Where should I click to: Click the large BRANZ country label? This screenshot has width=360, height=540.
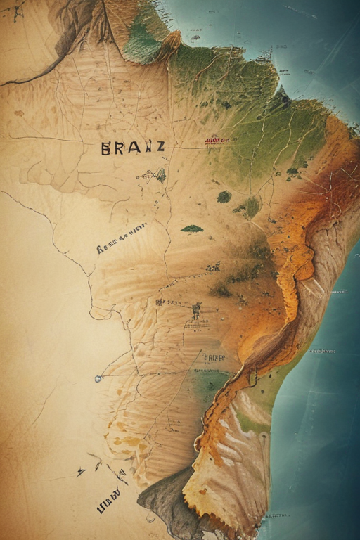pos(133,148)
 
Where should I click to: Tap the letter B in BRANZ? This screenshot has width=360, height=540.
pos(106,148)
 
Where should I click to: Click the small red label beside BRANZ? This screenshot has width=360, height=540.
pos(217,141)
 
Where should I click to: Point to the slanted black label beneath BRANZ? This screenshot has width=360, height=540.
pos(121,238)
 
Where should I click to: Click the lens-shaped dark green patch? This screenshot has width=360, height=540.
pos(192,229)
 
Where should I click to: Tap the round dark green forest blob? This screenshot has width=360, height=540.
pos(224,197)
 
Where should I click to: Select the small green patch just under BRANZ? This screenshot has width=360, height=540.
pos(161,175)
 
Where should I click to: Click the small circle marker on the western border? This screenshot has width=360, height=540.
pos(98,378)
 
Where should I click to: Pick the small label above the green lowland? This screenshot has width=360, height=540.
pos(214,357)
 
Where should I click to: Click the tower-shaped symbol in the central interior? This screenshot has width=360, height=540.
pos(196,310)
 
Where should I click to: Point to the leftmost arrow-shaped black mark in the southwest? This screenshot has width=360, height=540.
pos(81,472)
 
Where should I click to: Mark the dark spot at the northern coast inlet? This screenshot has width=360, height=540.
pos(284,101)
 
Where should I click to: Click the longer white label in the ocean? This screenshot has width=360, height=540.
pos(322,350)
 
